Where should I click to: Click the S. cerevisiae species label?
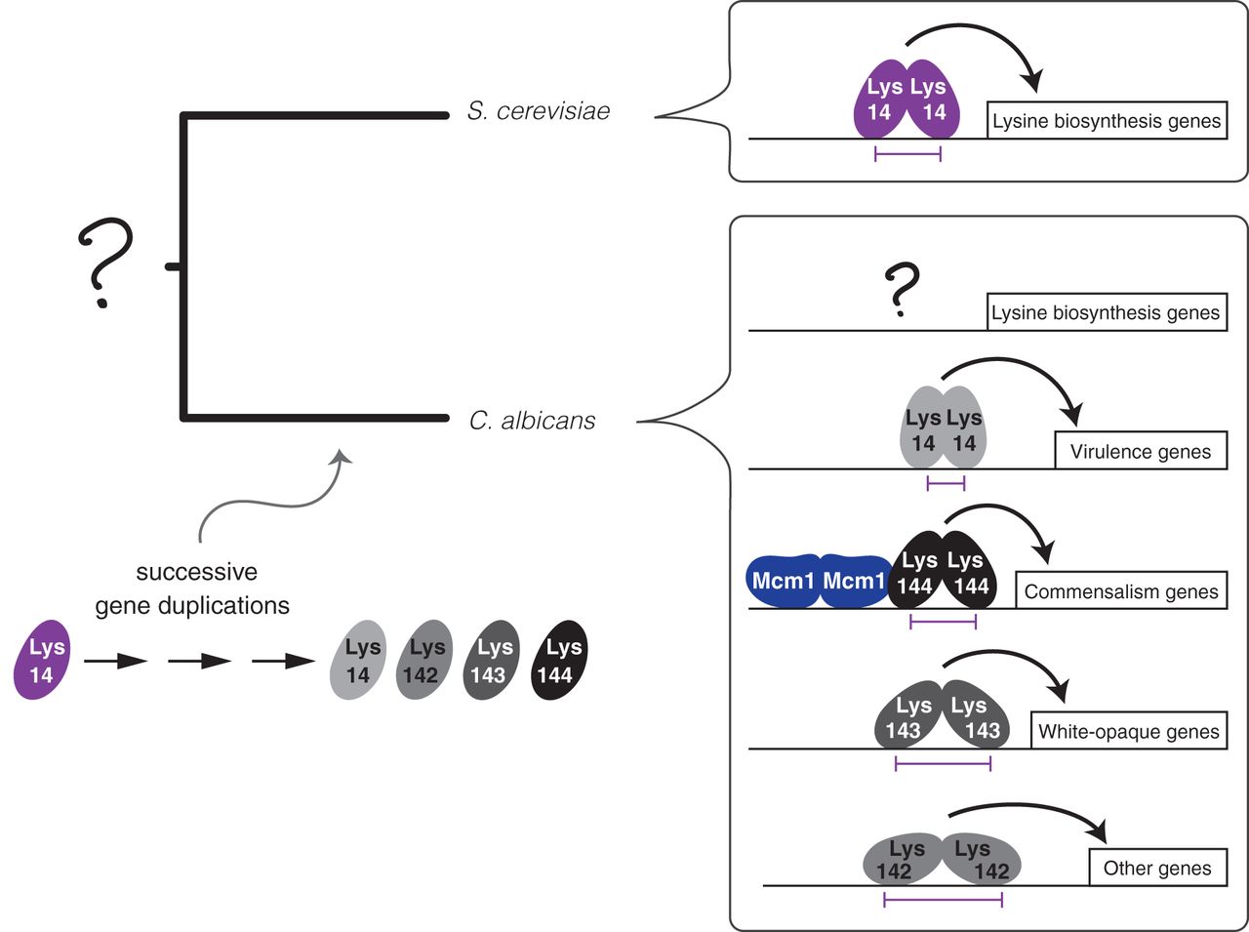[538, 111]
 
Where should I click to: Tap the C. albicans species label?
[532, 421]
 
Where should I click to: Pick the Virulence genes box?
[1140, 452]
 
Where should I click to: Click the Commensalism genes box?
[1120, 591]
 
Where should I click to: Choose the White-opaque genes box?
[1128, 731]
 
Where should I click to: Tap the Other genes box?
[1156, 868]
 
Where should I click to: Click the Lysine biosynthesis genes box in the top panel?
[1107, 121]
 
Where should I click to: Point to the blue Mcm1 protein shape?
[818, 583]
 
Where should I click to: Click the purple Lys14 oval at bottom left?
[42, 661]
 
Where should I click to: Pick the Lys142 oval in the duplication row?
[424, 661]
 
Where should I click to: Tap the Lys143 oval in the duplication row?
[493, 661]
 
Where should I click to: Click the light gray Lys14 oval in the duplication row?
[360, 661]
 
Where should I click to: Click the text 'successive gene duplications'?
[193, 588]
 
